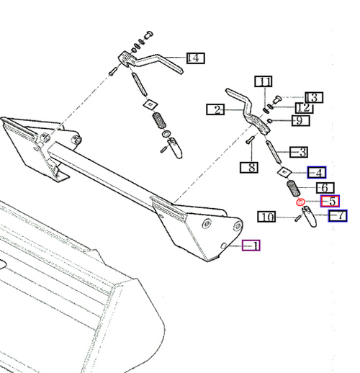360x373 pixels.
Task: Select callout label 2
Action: [x=215, y=109]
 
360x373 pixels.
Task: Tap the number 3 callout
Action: [x=299, y=152]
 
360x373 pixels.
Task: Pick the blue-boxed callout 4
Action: [x=315, y=172]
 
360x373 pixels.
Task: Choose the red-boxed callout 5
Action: [x=330, y=202]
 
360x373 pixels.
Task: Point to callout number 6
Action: [x=320, y=187]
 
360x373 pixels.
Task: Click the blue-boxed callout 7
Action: [x=338, y=215]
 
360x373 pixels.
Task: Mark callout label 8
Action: [x=248, y=168]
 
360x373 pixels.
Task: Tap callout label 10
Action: [x=266, y=216]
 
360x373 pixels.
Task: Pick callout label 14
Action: [x=194, y=58]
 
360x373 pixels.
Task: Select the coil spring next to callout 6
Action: [x=293, y=190]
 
